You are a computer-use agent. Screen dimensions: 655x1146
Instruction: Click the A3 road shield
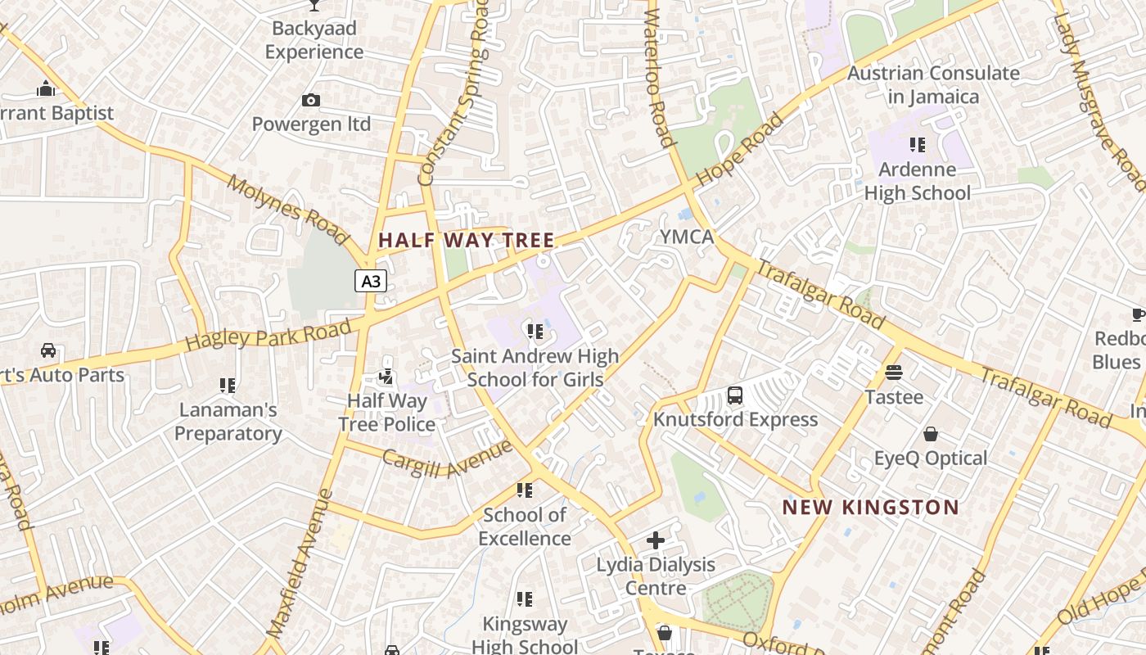coord(371,281)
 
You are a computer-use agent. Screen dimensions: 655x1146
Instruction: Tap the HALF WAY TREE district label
coord(467,240)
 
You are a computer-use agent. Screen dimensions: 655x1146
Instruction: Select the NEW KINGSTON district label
coord(870,507)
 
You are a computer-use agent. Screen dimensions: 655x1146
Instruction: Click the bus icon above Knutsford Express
coord(735,395)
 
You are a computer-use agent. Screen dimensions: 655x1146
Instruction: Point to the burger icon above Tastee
coord(894,373)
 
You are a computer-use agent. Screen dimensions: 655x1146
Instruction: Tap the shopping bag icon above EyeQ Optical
coord(930,434)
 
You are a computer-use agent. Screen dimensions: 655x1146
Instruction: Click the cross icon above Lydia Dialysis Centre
coord(656,540)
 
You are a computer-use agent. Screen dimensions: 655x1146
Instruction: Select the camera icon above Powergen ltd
coord(311,100)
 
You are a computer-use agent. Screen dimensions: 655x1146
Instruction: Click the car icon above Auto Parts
coord(48,350)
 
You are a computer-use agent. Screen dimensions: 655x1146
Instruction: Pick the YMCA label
coord(688,237)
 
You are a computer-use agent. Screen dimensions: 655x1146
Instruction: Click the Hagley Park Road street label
coord(268,333)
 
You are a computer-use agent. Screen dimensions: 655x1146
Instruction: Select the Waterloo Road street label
coord(660,78)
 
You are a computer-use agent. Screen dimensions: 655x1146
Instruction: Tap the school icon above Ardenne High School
coord(918,145)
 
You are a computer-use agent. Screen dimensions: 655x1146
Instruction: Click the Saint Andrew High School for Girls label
coord(535,368)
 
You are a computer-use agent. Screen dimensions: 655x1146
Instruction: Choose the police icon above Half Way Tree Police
coord(386,377)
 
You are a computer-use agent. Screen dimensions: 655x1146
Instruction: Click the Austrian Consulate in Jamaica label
coord(933,84)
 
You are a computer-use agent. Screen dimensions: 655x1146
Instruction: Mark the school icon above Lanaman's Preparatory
coord(228,385)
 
